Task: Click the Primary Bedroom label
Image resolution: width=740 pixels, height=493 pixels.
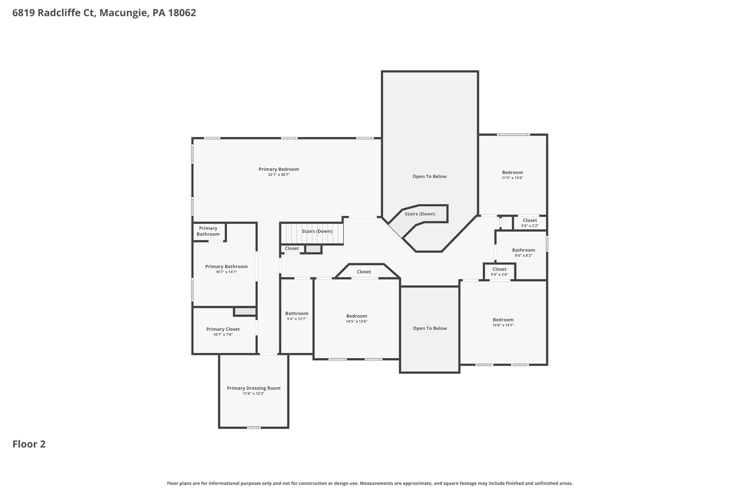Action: [279, 169]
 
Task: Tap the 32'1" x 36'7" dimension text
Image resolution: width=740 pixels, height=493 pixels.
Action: [279, 175]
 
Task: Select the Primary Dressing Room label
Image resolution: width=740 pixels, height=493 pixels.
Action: [253, 388]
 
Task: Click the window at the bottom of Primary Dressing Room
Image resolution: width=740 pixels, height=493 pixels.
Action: [253, 428]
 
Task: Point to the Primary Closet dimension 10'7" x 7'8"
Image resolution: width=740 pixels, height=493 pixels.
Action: [223, 334]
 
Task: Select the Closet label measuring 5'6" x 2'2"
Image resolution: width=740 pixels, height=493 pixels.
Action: [530, 220]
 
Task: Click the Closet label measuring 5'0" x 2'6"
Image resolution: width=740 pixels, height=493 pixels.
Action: [499, 269]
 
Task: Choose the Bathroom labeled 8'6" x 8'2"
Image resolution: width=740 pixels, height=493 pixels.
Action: [523, 250]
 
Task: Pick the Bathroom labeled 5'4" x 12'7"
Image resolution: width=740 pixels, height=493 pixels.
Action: [297, 313]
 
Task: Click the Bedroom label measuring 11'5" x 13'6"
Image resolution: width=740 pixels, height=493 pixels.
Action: [512, 172]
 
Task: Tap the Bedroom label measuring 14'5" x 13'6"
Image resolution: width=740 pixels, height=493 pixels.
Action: [356, 316]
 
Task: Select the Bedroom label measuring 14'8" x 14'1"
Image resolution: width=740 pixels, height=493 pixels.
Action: [503, 320]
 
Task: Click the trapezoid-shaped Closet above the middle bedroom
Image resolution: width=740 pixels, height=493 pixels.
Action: [364, 272]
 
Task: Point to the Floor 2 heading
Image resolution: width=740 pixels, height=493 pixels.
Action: [29, 444]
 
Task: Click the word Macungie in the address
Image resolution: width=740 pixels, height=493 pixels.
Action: [123, 13]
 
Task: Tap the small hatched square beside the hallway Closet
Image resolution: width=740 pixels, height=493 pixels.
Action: [313, 249]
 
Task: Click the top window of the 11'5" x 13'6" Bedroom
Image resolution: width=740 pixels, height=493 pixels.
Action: [513, 135]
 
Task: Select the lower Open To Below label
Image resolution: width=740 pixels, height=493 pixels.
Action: [430, 328]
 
